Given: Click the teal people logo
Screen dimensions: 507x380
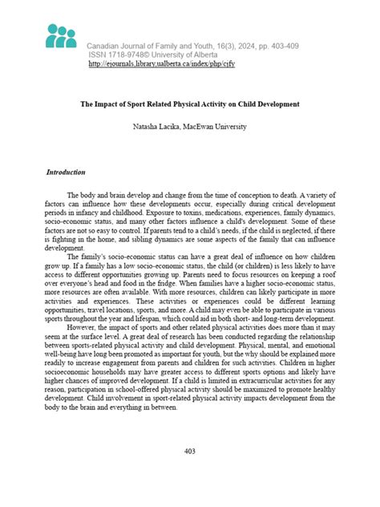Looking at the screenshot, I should pos(61,37).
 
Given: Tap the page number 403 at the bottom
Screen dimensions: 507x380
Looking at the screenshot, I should pos(190,451).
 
